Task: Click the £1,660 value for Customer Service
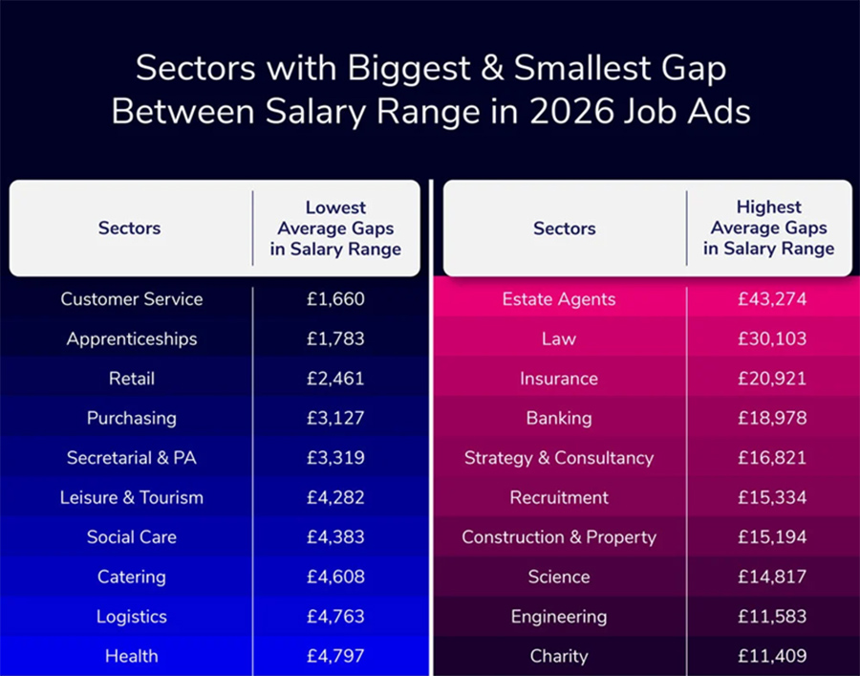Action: [335, 299]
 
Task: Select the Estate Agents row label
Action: [559, 299]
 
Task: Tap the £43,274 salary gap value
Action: [771, 299]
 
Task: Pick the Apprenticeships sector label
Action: [132, 338]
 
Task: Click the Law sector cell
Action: [559, 338]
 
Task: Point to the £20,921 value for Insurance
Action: [771, 379]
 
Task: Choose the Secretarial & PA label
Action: [132, 458]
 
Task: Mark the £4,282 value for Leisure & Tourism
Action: [335, 497]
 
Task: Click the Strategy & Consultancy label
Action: [559, 458]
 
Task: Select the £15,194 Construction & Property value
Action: [771, 537]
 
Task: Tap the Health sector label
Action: [132, 656]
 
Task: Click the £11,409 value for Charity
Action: [771, 656]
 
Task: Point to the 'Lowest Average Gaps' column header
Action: [335, 229]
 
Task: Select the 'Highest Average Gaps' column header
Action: [768, 229]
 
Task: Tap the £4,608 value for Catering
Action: [335, 577]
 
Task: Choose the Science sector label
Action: [559, 577]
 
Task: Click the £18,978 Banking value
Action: [771, 418]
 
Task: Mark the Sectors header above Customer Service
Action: [129, 229]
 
